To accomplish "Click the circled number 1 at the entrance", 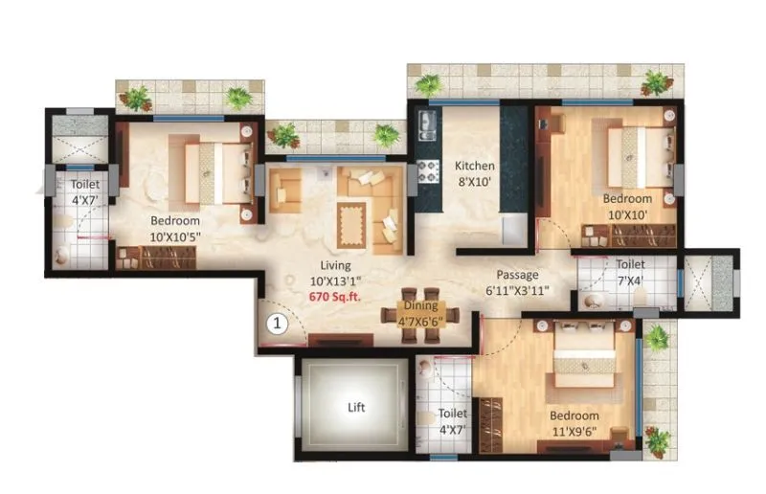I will click(x=276, y=324).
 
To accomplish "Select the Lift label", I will click(x=355, y=406).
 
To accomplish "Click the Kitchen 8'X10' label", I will click(x=474, y=172).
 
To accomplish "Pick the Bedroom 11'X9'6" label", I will click(x=574, y=422).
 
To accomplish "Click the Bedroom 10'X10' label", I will click(x=627, y=206).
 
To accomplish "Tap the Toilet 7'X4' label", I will click(x=630, y=271).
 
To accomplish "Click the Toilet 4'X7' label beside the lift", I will click(x=452, y=420).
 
